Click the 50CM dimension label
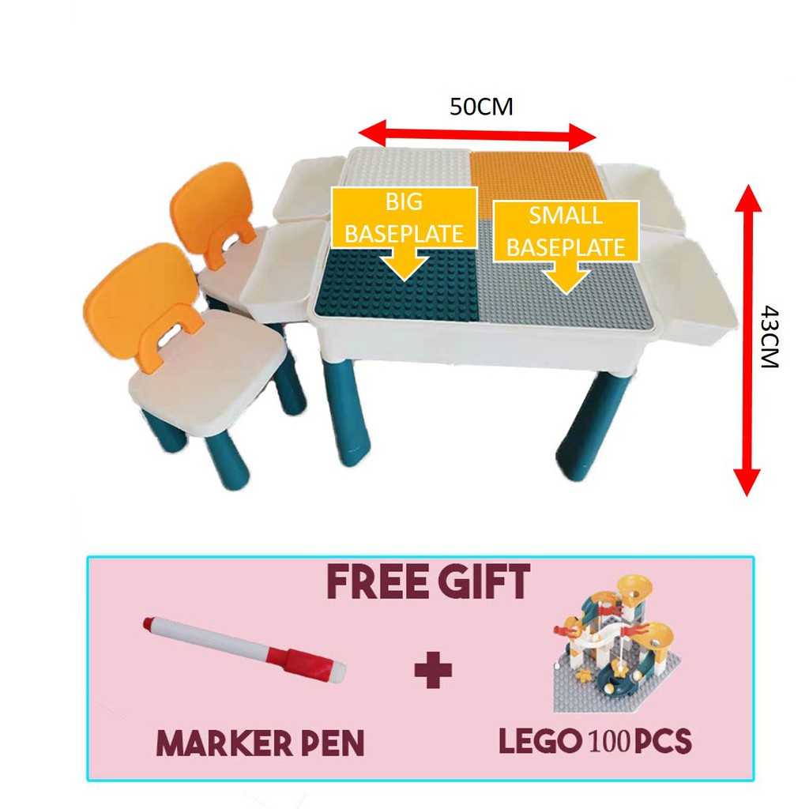pos(481,107)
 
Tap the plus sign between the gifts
pos(434,671)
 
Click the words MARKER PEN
pos(260,742)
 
